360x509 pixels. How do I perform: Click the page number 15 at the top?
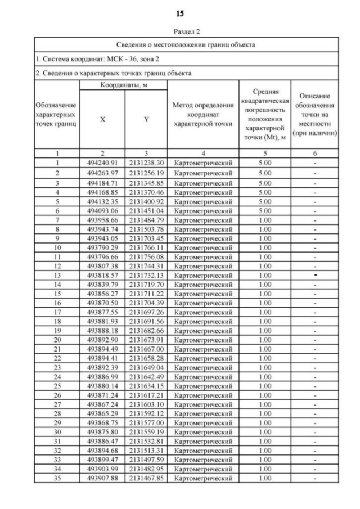pos(179,13)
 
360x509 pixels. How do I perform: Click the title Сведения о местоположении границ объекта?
pos(187,44)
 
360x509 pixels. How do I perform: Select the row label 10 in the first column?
pos(57,247)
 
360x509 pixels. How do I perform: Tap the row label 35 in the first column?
pos(57,478)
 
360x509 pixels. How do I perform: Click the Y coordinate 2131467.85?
pos(146,478)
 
